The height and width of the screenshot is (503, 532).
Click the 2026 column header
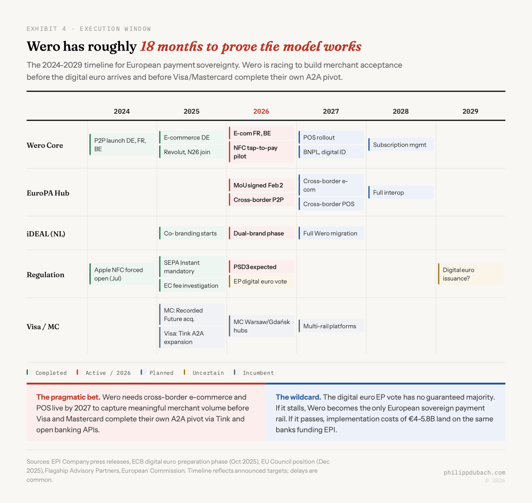pos(261,111)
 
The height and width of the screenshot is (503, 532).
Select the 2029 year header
pos(470,111)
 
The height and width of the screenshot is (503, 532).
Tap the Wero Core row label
pos(45,145)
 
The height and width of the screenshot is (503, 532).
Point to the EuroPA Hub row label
pos(48,193)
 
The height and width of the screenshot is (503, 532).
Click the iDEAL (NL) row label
pos(46,234)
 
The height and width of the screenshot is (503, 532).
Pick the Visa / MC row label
pos(43,327)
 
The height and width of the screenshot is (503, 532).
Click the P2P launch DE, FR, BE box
pos(122,145)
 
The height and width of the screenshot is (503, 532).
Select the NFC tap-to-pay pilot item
pos(262,152)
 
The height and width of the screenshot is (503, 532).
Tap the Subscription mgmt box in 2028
pos(401,145)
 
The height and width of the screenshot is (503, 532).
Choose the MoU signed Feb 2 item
pos(262,185)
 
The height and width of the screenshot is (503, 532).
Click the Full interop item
pos(401,193)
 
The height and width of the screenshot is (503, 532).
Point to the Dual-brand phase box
pos(262,233)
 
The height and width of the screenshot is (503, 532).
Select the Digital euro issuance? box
pos(470,274)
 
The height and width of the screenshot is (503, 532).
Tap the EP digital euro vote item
pos(262,281)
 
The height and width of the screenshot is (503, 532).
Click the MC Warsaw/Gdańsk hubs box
pos(262,326)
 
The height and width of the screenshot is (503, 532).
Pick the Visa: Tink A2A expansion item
pos(192,338)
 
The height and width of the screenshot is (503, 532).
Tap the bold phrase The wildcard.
pos(298,397)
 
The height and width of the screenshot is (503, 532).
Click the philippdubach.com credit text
pos(474,472)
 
